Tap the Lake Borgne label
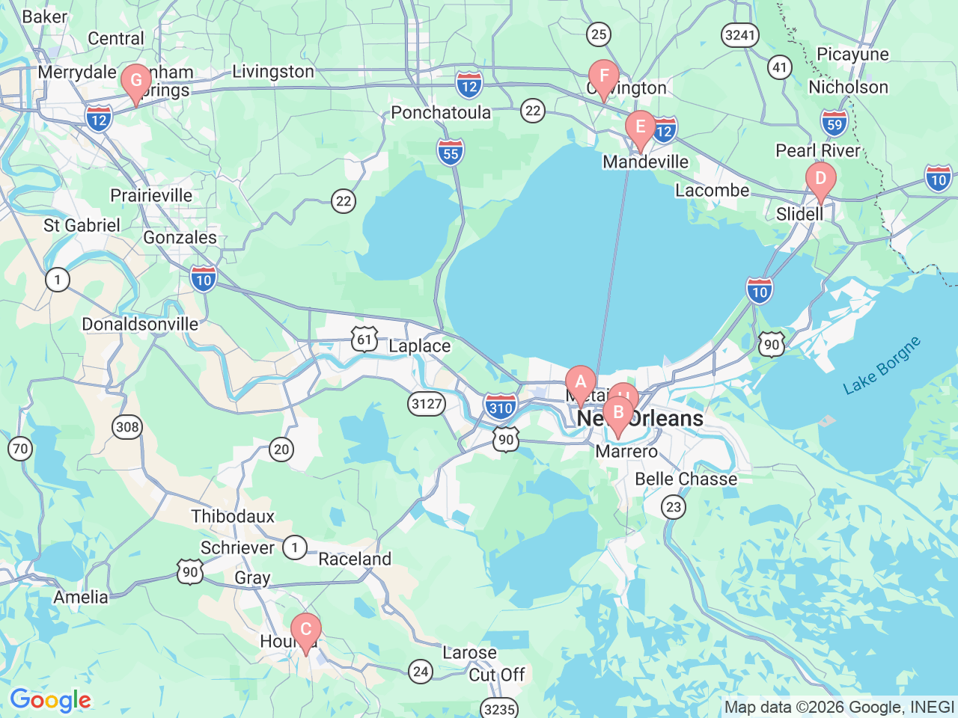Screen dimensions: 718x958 coord(881,366)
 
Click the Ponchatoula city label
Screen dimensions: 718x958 coord(441,113)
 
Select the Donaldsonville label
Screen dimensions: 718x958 coord(140,325)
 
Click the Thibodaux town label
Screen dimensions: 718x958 coord(233,517)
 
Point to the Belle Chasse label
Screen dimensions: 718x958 coord(686,479)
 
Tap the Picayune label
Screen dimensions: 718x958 coord(852,55)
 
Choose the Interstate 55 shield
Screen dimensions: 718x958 coord(451,153)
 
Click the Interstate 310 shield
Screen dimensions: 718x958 coord(500,407)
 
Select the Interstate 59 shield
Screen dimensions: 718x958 coord(835,123)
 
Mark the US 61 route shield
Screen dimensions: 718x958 coord(364,340)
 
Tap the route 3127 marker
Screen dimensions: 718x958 coord(427,405)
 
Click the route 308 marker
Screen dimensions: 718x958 coord(127,427)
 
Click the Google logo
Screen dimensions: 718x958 coord(50,701)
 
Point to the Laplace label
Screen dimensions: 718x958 coord(419,346)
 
